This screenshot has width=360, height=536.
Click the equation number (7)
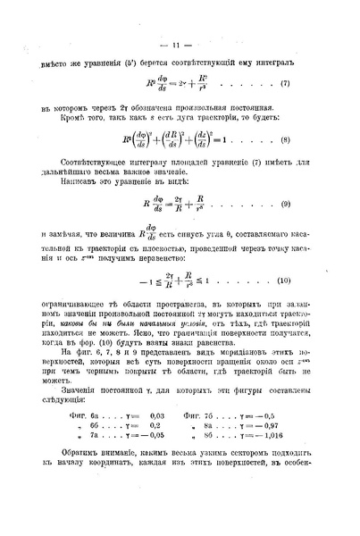[283, 83]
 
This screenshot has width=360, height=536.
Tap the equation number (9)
[284, 205]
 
